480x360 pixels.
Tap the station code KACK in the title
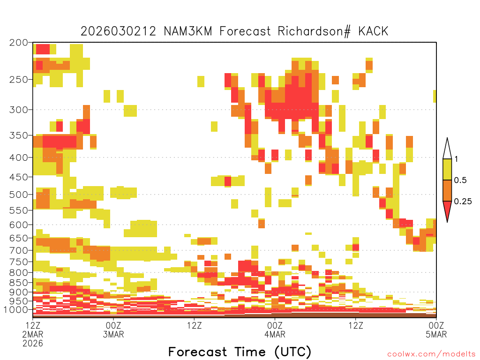coord(373,31)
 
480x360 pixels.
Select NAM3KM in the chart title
coord(188,31)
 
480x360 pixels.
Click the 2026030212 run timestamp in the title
coord(118,31)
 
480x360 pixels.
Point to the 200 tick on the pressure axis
coord(18,43)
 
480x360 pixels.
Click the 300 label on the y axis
coord(18,110)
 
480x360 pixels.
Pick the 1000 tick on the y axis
coord(15,309)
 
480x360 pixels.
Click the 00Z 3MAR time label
coord(113,330)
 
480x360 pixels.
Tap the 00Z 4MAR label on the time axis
coord(275,330)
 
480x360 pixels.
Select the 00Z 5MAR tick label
coord(436,330)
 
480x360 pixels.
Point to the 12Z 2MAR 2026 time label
coord(33,334)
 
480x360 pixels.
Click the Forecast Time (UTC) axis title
coord(240,352)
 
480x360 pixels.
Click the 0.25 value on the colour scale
coord(463,201)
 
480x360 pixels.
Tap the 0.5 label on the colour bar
coord(460,180)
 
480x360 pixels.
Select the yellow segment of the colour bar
coord(447,169)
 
